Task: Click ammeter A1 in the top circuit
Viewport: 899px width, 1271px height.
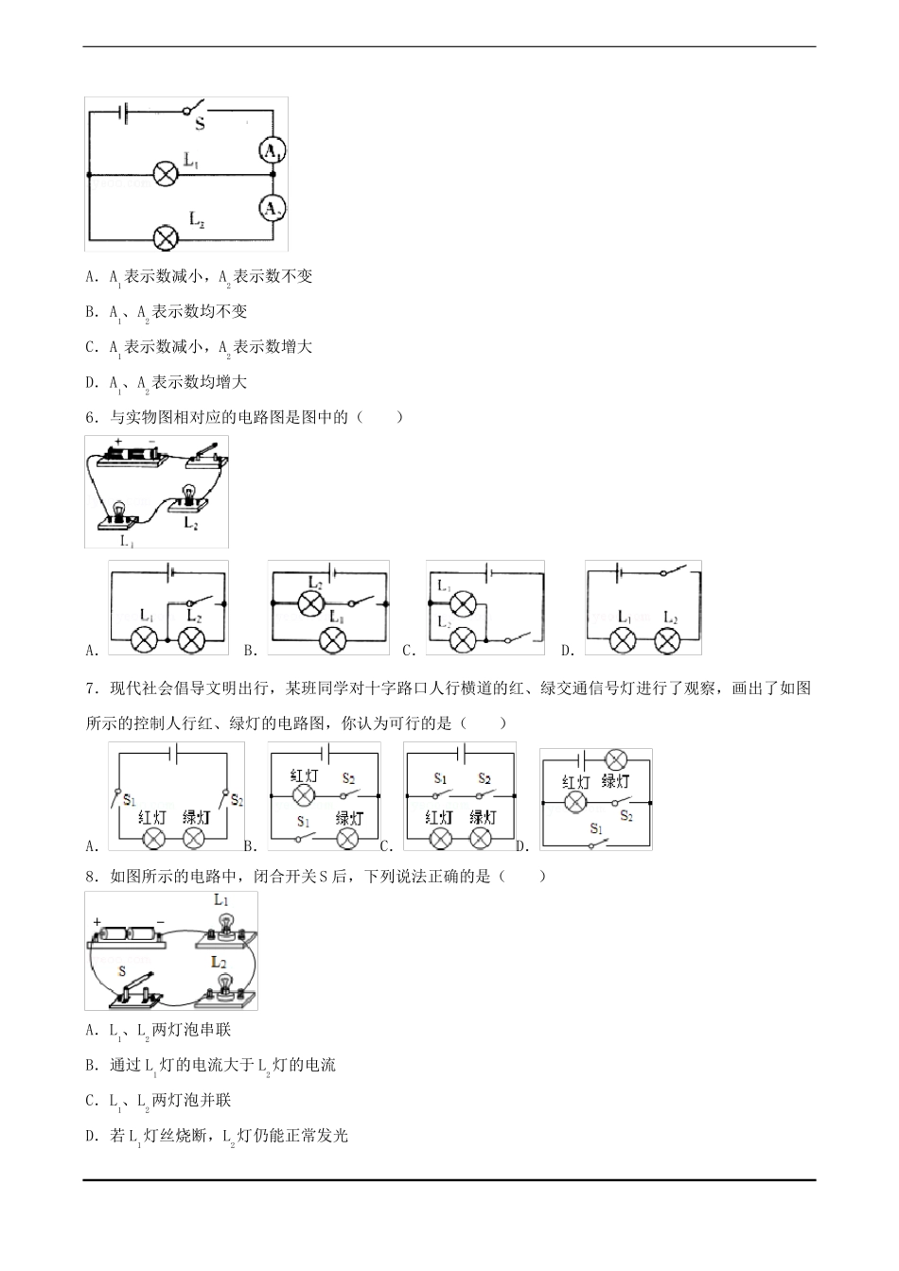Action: tap(272, 150)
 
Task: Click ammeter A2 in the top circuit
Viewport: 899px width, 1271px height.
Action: tap(272, 208)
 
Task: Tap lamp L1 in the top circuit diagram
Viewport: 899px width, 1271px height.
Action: tap(166, 174)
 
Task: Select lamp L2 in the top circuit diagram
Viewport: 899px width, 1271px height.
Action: tap(166, 238)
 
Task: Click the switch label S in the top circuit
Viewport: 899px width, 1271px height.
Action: tap(200, 123)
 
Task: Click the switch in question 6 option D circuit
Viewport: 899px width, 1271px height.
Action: tap(673, 571)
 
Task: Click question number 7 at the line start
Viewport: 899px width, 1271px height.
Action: tap(91, 688)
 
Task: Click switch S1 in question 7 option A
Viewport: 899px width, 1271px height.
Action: tap(117, 797)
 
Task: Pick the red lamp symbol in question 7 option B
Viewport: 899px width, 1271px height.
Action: tap(303, 795)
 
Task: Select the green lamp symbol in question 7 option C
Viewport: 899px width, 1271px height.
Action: tap(482, 838)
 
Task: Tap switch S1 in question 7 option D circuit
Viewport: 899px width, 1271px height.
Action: tap(599, 844)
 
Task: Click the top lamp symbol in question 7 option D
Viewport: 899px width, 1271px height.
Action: tap(616, 759)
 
